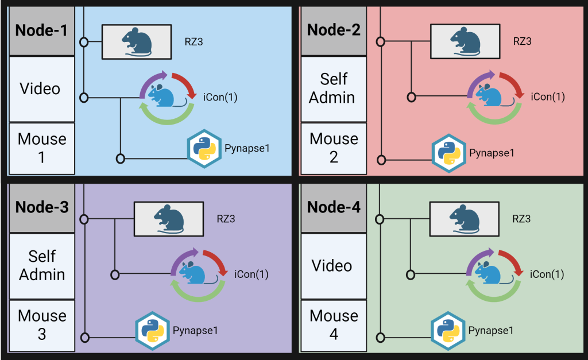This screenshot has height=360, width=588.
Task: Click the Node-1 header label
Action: tap(41, 30)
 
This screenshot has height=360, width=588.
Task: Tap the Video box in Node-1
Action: tap(40, 88)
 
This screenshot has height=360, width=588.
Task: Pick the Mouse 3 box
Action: tap(42, 324)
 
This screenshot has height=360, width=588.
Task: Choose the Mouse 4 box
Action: tap(334, 324)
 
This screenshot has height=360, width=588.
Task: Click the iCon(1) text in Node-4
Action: tap(547, 274)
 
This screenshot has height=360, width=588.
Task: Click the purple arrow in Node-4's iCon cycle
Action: tap(477, 258)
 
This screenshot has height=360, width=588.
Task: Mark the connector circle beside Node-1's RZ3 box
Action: tap(84, 42)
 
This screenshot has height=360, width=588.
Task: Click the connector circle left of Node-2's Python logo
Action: tap(380, 158)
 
